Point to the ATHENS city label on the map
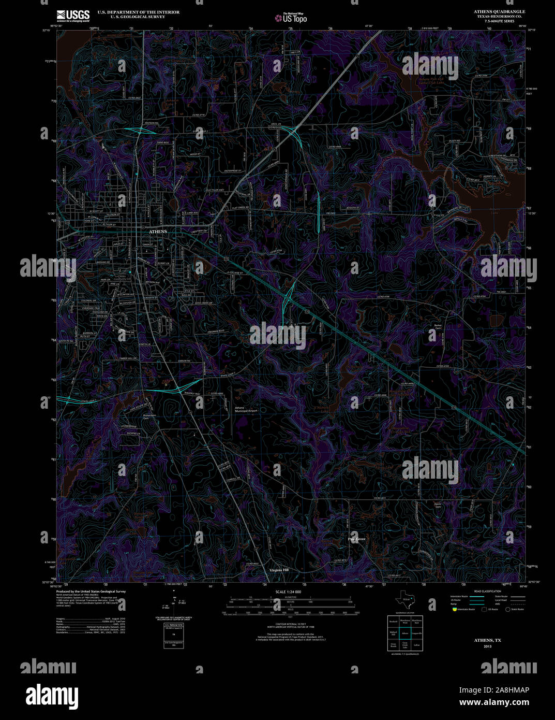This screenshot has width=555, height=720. tap(158, 232)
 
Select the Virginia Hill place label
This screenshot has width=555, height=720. tap(279, 570)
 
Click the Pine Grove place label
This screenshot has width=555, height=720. tap(356, 539)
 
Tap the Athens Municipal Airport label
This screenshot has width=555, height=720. tap(246, 409)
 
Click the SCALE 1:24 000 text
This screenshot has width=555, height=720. tap(288, 592)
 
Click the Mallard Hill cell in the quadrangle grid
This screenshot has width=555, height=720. tap(394, 633)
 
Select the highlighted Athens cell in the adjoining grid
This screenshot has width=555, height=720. tap(405, 633)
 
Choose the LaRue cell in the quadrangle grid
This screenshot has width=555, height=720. tap(417, 645)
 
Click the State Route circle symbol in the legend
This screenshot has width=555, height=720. tap(508, 609)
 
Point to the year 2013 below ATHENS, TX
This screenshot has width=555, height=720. tap(488, 646)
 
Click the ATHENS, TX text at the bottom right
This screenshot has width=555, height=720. tap(488, 641)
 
